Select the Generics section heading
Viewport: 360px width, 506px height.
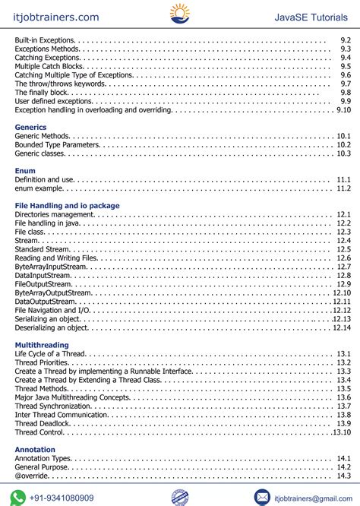[30, 127]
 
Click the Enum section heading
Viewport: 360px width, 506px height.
[25, 171]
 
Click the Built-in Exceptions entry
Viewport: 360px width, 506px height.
[45, 40]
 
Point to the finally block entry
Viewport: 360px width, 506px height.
[42, 92]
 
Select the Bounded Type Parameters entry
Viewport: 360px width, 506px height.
[57, 144]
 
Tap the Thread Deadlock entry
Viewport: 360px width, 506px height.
[43, 423]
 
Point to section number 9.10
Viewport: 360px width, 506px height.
[343, 109]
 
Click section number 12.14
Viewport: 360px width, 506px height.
[342, 327]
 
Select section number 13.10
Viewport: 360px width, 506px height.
[342, 432]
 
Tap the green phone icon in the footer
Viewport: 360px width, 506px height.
[17, 497]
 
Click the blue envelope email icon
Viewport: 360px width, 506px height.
[262, 497]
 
